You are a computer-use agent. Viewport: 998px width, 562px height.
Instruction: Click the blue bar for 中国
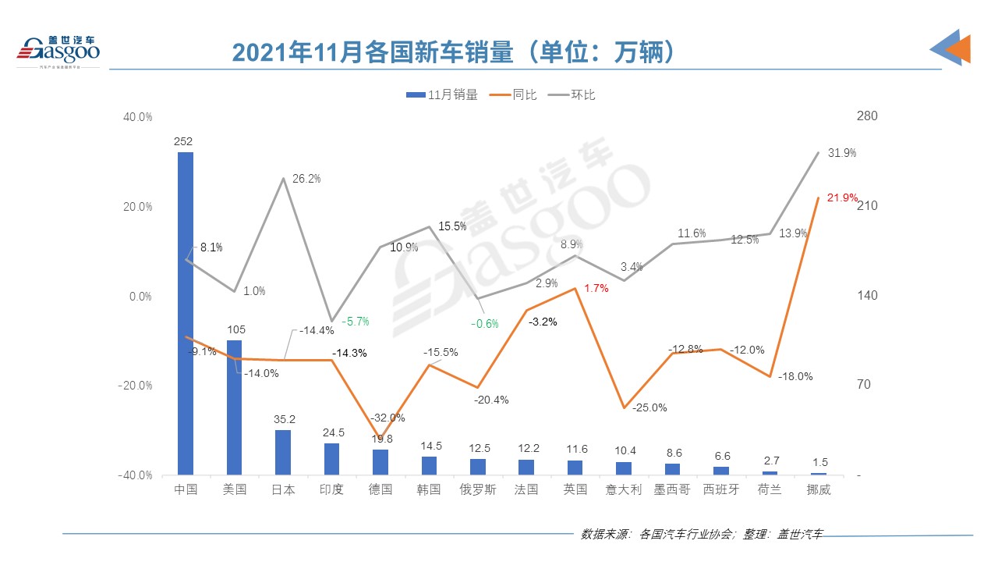tap(186, 312)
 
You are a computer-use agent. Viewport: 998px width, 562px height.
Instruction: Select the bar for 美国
tap(234, 407)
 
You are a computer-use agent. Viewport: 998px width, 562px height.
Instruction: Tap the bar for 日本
tap(282, 452)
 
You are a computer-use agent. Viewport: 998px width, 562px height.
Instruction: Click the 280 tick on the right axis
tap(867, 116)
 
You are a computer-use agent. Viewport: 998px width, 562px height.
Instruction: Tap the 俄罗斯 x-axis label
tap(477, 490)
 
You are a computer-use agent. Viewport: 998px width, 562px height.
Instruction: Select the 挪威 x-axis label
tap(818, 490)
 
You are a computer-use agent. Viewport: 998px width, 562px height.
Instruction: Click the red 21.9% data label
tap(842, 197)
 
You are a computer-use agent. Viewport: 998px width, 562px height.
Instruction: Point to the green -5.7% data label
tap(355, 321)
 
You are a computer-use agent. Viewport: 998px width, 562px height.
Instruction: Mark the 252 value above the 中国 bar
tap(184, 141)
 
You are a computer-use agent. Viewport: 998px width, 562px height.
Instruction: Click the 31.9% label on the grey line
tap(841, 153)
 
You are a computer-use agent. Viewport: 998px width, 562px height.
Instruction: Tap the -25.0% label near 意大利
tap(649, 407)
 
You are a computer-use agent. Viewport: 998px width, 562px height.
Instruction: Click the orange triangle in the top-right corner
tap(957, 48)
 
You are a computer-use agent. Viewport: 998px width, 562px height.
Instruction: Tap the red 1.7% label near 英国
tap(596, 288)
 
